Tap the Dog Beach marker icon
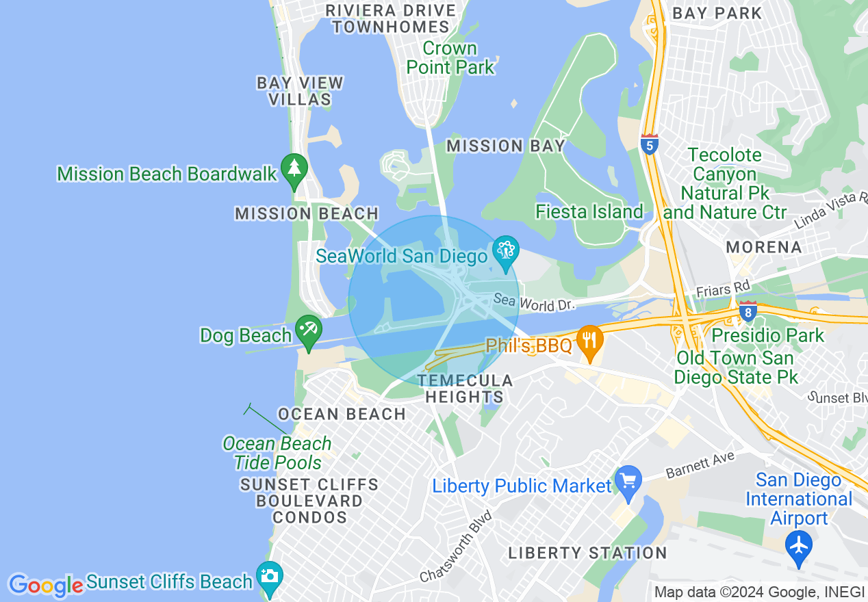coord(309,330)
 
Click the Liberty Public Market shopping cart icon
coord(628,481)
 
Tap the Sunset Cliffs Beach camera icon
coord(270,577)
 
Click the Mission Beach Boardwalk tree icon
coord(294,168)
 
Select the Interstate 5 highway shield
coord(650,144)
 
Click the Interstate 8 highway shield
coord(748,312)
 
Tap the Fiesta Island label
coord(589,212)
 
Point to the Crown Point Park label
coord(450,58)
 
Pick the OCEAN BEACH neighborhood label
coord(342,414)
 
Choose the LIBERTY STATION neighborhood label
coord(587,553)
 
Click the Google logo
coord(46,586)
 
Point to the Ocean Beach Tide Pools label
coord(277,453)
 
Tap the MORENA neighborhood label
coord(763,247)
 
